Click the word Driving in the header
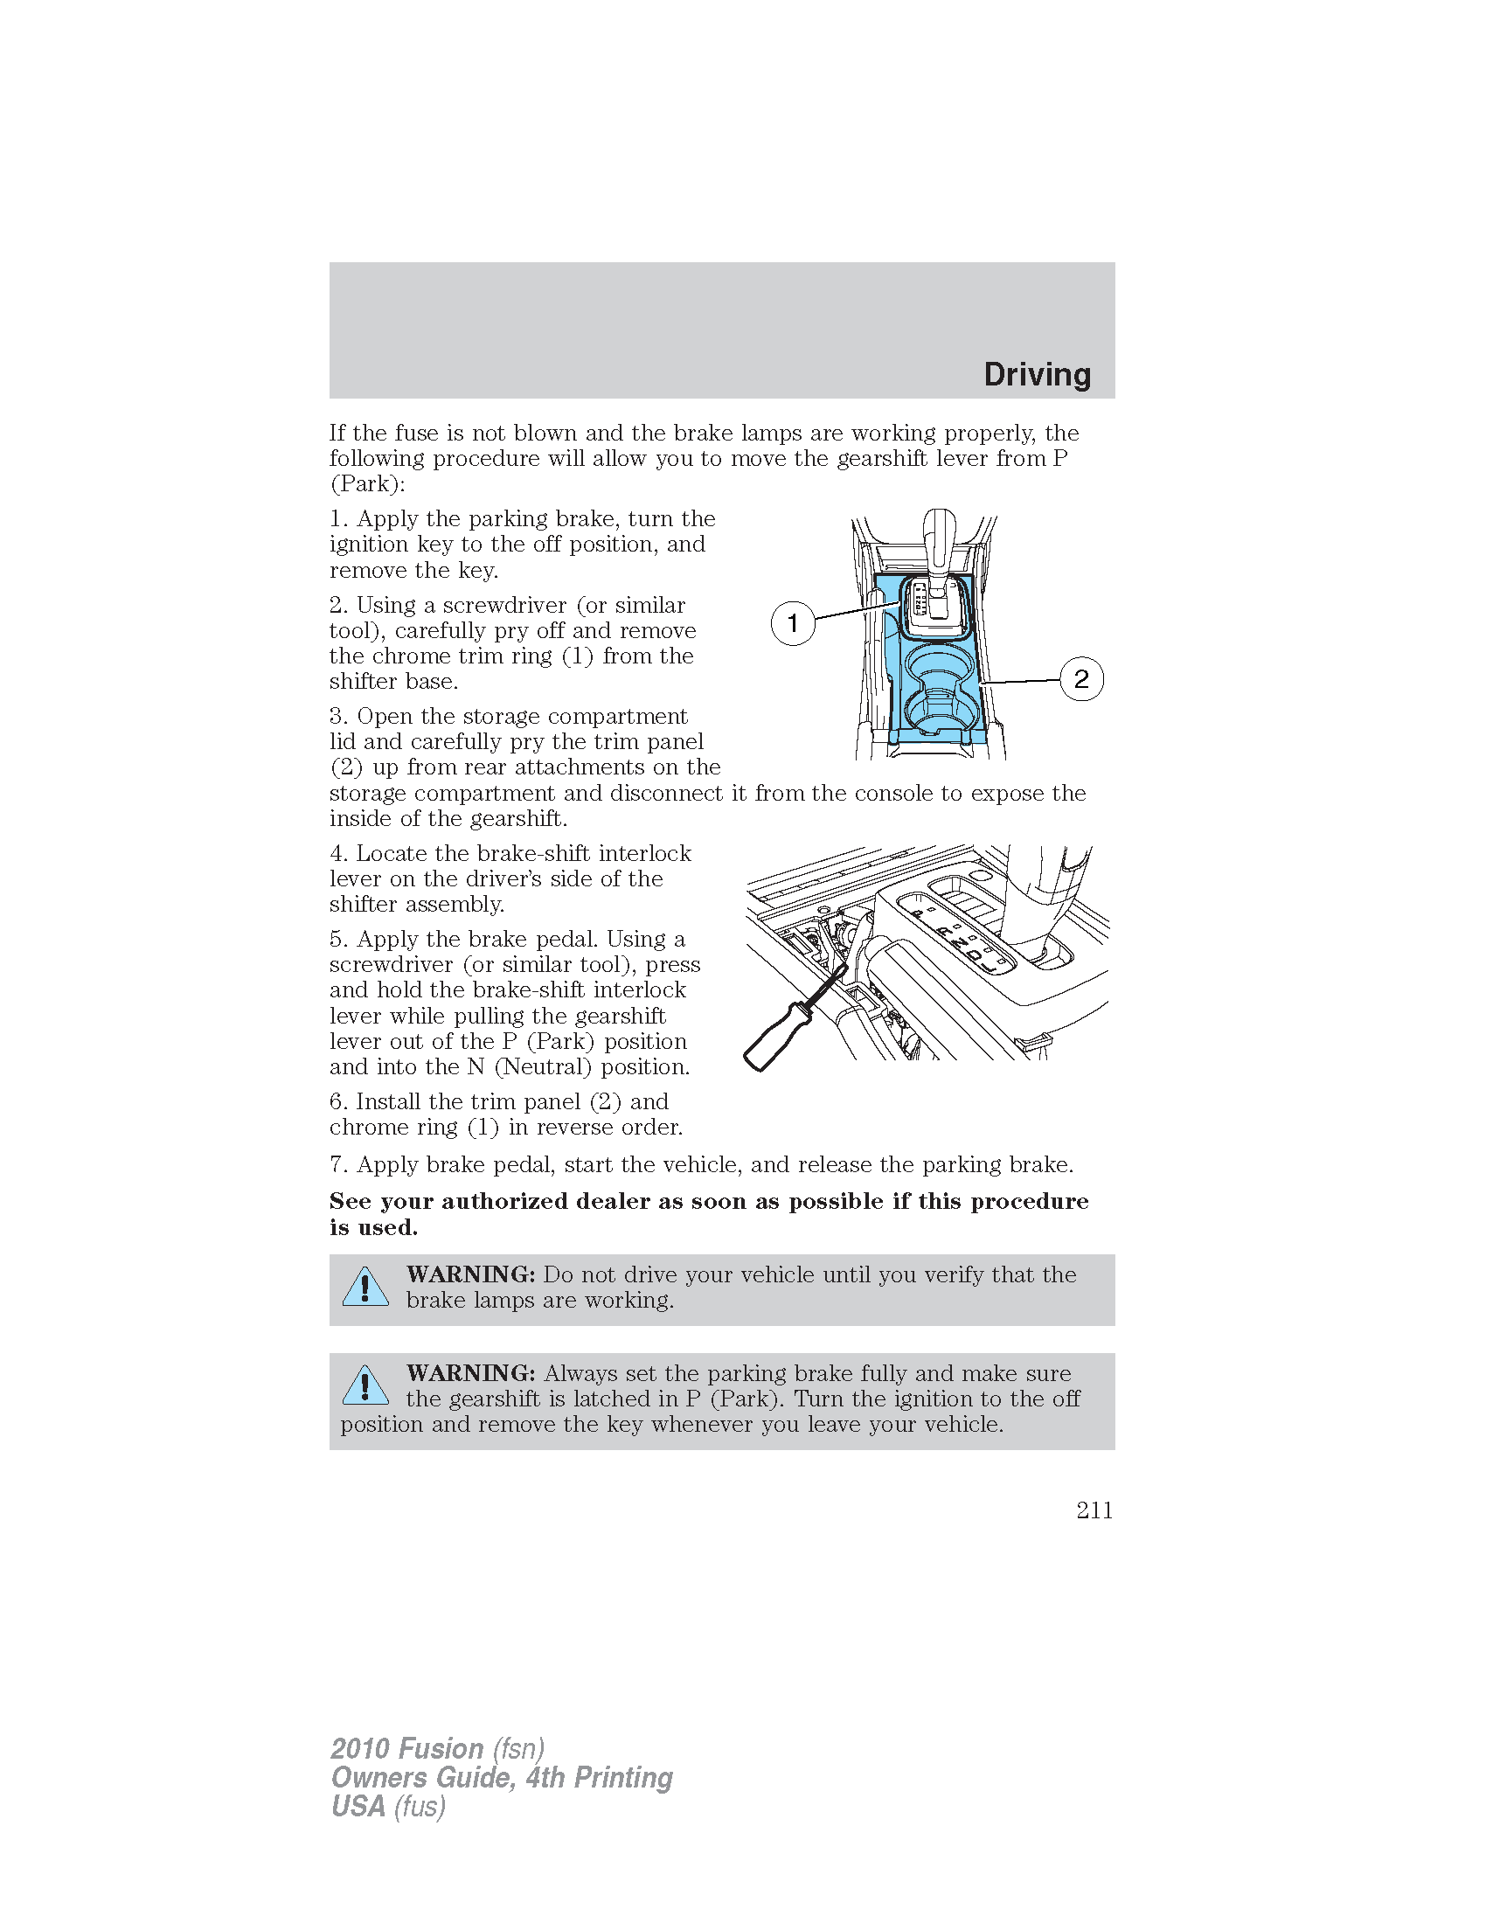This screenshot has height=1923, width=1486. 1036,374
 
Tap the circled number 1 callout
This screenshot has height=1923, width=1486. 792,623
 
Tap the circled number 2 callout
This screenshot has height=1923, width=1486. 1081,679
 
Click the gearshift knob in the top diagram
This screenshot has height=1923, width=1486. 940,528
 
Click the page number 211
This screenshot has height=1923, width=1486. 1094,1510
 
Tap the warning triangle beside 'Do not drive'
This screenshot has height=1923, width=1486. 365,1288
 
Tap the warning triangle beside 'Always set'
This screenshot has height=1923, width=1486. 365,1386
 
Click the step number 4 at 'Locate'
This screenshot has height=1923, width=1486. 337,853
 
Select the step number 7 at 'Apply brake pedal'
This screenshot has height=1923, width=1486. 337,1164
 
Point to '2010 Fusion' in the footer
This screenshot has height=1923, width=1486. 406,1748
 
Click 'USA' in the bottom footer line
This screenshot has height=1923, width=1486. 358,1806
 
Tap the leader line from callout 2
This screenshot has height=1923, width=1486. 1021,681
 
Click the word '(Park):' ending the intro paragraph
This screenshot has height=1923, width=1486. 367,483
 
